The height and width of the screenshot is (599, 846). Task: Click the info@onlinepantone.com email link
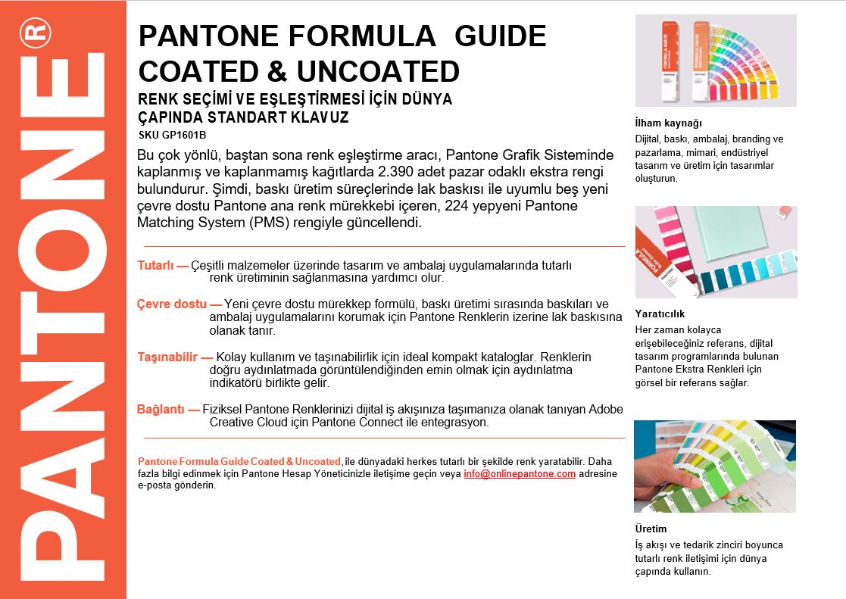click(520, 474)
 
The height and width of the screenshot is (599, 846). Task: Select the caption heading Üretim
click(651, 529)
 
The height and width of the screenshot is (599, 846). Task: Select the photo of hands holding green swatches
click(714, 466)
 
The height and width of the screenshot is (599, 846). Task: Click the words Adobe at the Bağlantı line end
click(606, 410)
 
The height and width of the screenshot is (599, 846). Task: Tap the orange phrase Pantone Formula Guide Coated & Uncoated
click(239, 461)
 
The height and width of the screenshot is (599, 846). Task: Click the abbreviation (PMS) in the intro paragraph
click(272, 223)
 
